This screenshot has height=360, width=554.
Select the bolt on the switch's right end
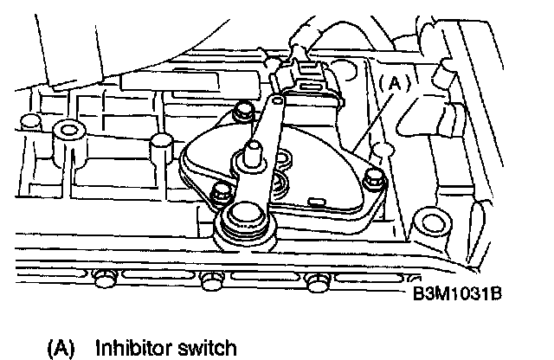click(x=374, y=180)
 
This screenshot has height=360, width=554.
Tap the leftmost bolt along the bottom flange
click(x=104, y=278)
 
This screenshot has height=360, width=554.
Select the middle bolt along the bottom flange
click(x=208, y=280)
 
